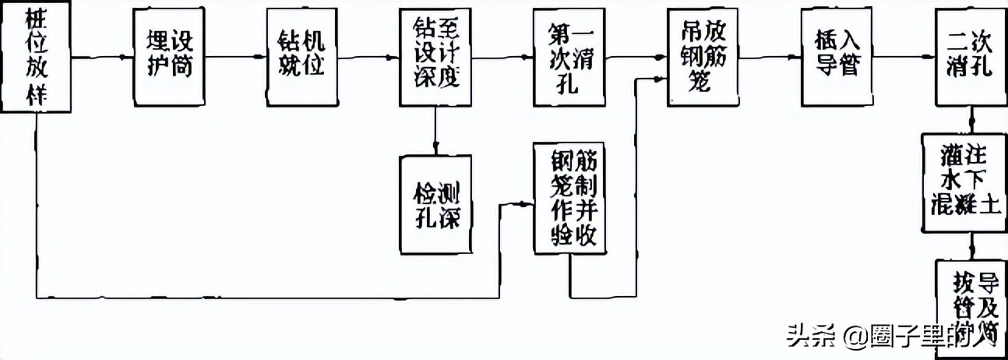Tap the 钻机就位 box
coord(298,56)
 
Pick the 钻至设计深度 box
coord(435,56)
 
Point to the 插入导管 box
coord(833,56)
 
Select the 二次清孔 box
coord(968,56)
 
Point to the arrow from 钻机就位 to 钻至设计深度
coord(365,56)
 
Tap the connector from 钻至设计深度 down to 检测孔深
coord(435,130)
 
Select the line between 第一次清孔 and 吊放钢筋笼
coord(636,57)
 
